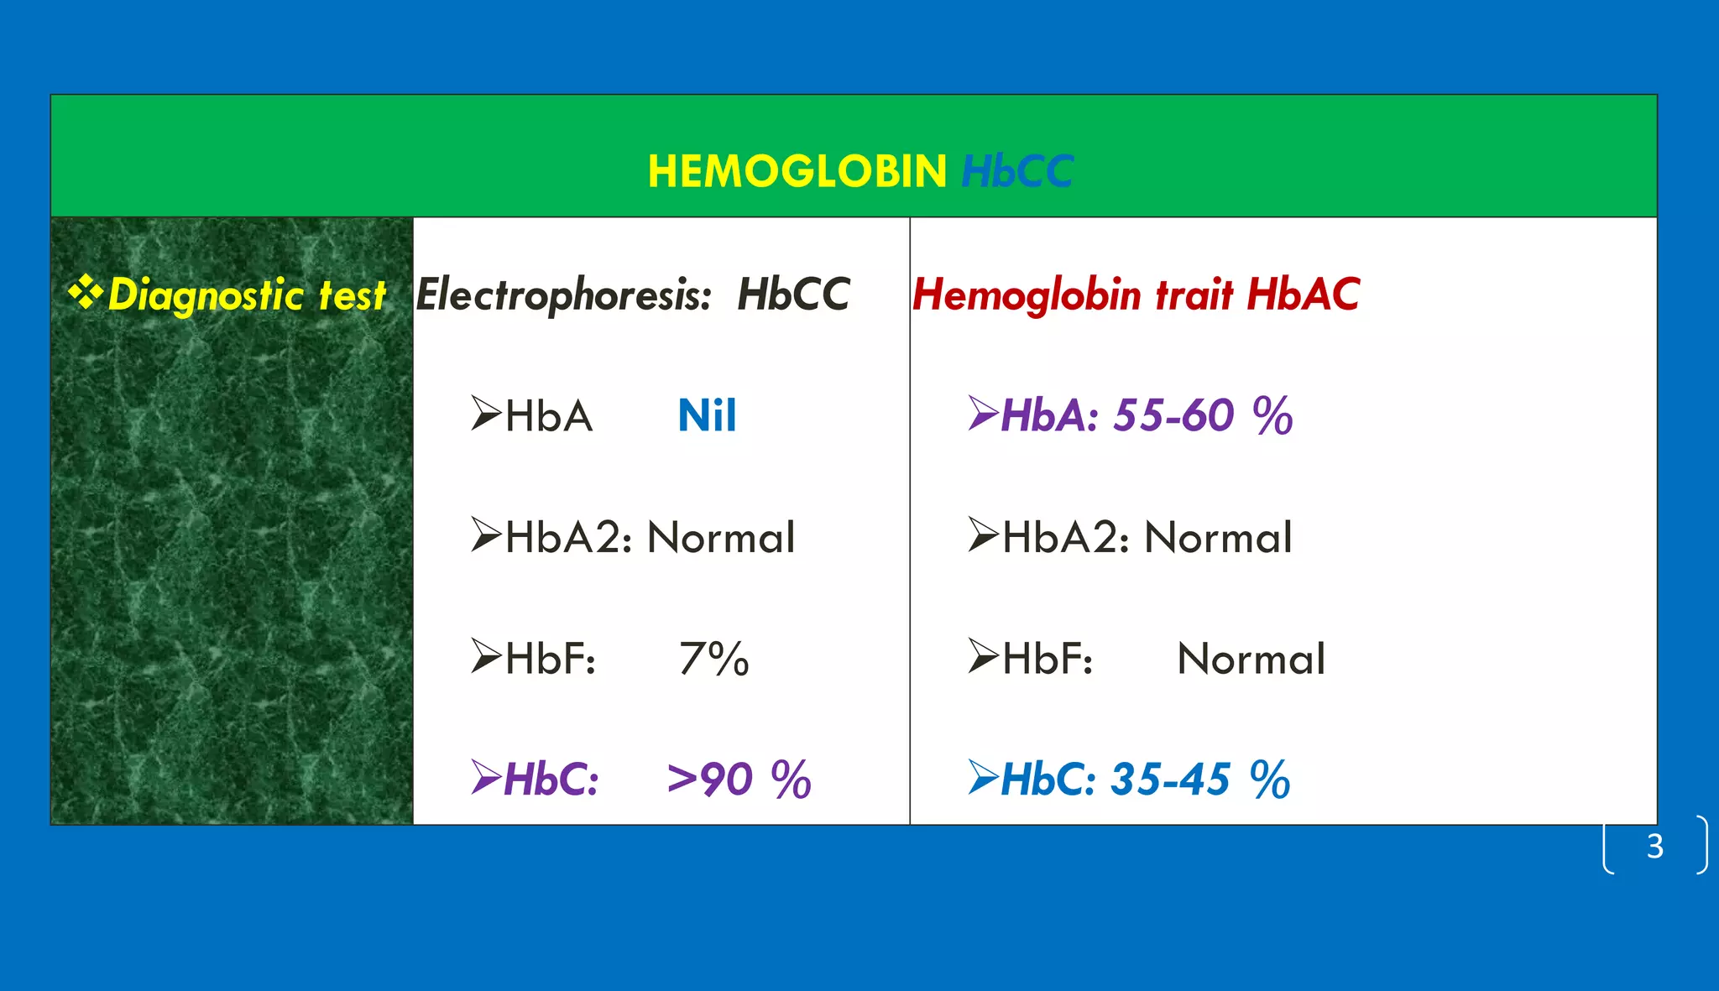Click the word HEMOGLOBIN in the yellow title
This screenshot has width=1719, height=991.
[797, 172]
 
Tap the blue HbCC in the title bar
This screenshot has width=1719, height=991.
[1016, 172]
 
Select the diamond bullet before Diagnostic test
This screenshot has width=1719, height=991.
[85, 292]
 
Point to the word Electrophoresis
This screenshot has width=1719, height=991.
[563, 295]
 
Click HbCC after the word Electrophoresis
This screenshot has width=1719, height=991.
[793, 295]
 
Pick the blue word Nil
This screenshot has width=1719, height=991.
[707, 416]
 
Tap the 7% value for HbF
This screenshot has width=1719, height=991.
[713, 659]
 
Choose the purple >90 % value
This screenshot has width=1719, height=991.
[739, 780]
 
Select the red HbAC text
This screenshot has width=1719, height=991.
[1303, 295]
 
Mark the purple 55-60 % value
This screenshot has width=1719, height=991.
[1202, 416]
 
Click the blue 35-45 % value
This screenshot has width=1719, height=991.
[1200, 780]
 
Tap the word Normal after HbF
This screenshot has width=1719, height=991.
[1251, 659]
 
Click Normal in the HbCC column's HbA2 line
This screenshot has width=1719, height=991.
[721, 538]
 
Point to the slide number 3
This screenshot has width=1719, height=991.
[1654, 847]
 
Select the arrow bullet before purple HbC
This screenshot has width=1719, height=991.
[486, 777]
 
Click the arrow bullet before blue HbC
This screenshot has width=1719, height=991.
[983, 777]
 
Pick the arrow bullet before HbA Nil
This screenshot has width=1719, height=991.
[486, 414]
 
